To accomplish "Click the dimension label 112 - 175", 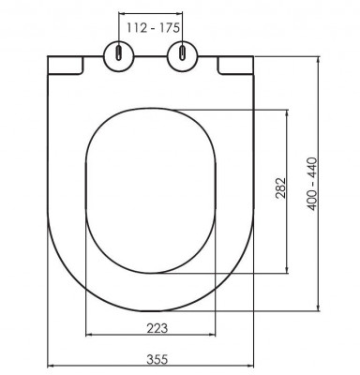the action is point(153,28).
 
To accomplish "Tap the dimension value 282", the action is point(280,187).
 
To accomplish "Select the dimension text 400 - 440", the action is point(312,184).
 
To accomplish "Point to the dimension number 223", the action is point(157,328).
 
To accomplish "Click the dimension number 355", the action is point(157,359).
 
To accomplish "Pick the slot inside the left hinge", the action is point(119,52).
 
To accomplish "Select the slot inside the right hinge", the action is point(183,52).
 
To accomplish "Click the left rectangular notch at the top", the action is point(66,66).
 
